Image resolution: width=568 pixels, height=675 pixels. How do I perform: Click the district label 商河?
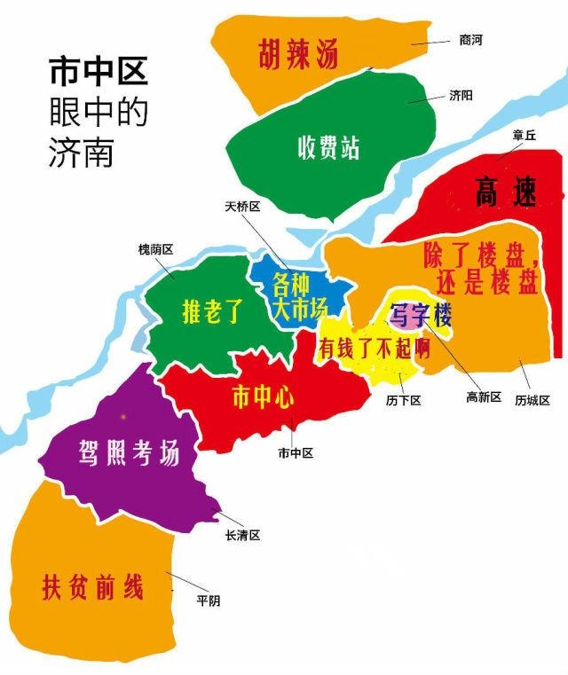472,40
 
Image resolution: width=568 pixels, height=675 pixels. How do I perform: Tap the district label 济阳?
461,94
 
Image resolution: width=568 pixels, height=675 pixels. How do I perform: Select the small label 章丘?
525,137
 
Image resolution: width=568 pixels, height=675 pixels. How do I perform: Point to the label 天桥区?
243,206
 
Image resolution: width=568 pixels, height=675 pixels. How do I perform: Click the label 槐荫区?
155,249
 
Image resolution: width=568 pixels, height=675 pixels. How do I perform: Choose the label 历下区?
403,400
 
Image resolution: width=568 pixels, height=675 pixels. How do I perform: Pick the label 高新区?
484,396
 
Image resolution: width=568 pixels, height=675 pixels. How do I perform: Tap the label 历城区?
532,400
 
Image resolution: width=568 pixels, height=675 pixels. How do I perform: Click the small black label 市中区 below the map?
296,453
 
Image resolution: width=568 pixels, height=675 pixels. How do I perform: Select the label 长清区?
242,535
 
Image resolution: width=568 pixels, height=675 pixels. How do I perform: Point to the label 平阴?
209,600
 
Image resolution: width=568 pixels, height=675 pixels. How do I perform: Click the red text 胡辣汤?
298,55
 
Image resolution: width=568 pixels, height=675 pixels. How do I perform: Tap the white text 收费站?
328,147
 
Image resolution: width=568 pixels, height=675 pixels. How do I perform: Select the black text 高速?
506,192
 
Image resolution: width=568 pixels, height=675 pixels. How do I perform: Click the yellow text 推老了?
212,311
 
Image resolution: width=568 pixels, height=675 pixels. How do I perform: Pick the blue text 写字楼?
421,314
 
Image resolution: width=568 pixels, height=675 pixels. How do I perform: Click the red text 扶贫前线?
92,587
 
